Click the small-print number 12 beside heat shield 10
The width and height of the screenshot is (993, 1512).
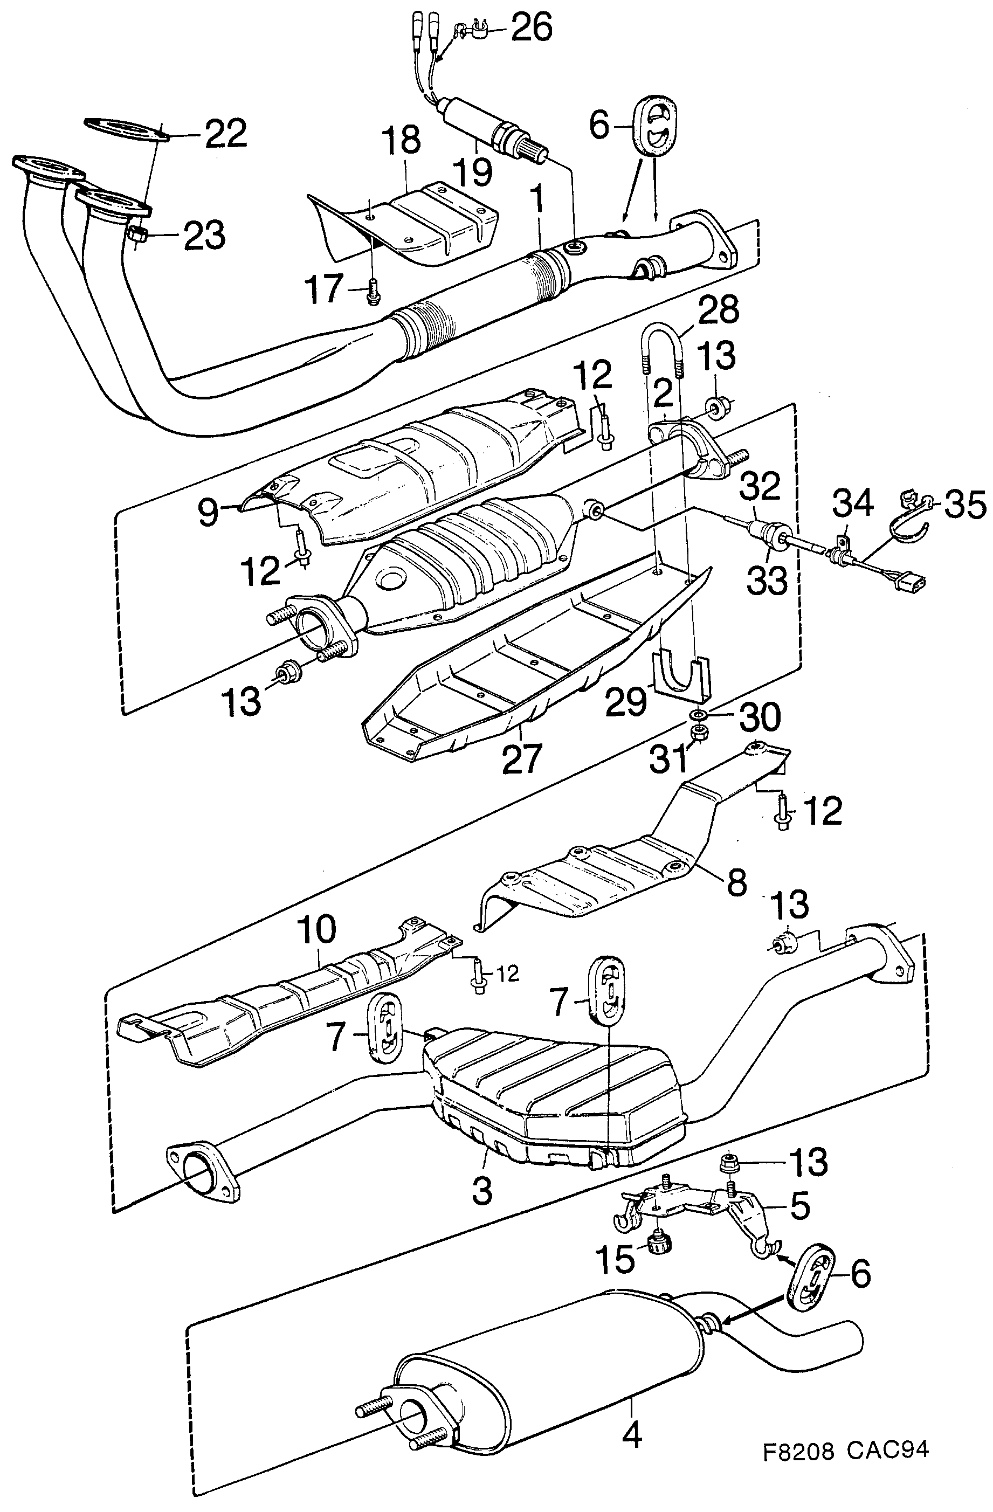click(506, 974)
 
